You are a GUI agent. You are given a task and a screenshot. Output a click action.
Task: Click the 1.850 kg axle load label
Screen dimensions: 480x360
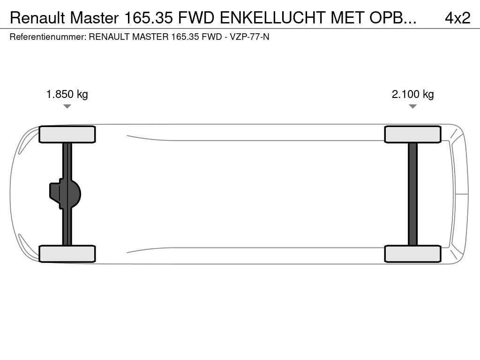click(x=67, y=94)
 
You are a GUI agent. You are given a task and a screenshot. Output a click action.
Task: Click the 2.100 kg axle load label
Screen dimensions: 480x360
click(x=412, y=94)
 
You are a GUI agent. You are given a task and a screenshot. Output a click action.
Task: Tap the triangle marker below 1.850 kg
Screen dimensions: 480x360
click(x=67, y=106)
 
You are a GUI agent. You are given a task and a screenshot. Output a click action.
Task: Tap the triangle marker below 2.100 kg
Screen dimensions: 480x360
click(x=412, y=106)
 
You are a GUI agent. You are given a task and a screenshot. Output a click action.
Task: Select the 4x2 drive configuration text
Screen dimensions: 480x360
click(x=457, y=18)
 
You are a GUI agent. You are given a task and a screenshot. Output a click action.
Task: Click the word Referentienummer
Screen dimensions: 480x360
click(x=48, y=37)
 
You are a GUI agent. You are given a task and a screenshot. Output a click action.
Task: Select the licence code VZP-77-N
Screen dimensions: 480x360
click(x=249, y=37)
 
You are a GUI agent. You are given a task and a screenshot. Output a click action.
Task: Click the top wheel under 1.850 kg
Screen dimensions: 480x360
click(x=67, y=135)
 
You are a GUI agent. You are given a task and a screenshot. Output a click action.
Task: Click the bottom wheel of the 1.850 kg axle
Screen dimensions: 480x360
click(x=67, y=254)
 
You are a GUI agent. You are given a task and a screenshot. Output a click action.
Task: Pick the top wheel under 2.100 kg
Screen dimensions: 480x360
click(x=412, y=135)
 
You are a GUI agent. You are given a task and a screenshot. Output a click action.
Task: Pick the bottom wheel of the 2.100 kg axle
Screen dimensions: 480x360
click(x=412, y=254)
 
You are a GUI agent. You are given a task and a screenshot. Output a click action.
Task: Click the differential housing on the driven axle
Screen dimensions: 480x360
click(x=65, y=194)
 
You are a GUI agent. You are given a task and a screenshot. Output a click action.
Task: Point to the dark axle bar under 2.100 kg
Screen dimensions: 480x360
click(x=412, y=194)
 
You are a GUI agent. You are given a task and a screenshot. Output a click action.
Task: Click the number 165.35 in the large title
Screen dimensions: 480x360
click(x=149, y=18)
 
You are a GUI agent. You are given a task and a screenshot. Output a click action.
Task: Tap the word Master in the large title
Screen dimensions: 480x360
click(x=94, y=18)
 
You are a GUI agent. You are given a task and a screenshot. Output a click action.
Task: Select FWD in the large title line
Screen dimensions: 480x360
click(x=196, y=18)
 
